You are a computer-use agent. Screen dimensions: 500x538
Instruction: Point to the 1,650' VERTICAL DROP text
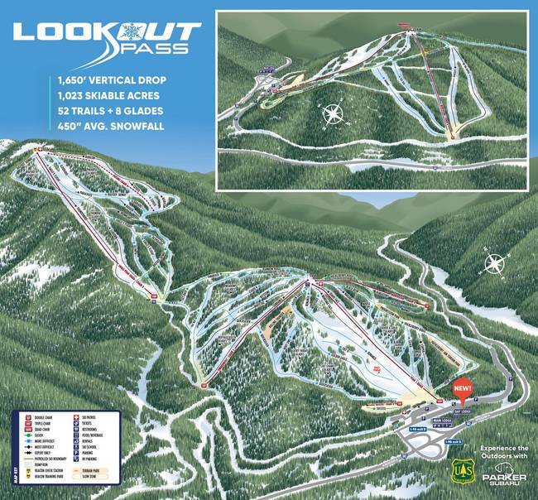[112, 81]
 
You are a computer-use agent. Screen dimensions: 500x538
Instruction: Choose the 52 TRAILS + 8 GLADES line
[111, 111]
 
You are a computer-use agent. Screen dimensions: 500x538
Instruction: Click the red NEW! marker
[463, 387]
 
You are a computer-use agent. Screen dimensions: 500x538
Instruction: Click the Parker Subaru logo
[502, 475]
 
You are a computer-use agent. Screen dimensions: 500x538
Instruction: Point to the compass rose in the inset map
[334, 114]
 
